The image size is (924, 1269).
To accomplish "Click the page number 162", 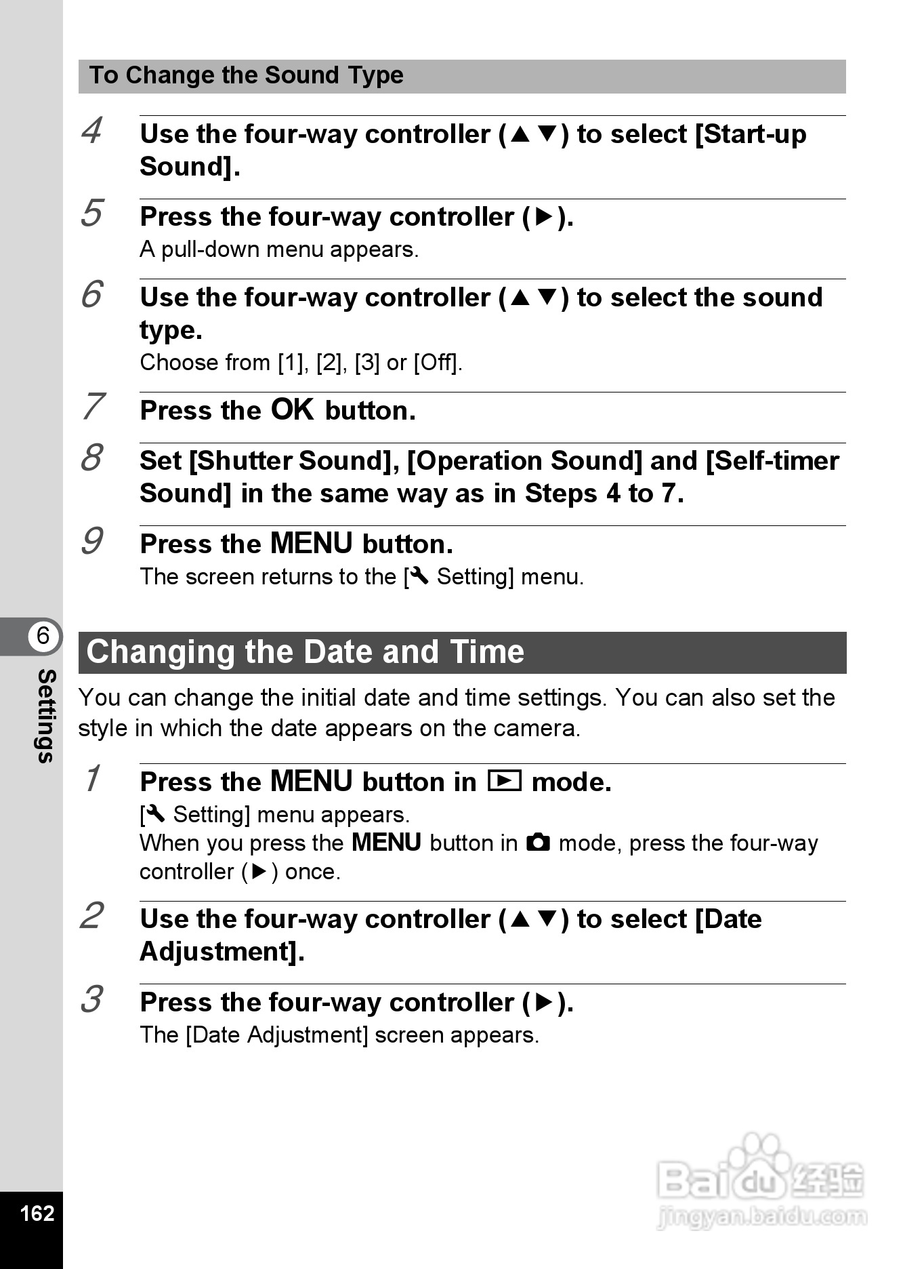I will click(37, 1213).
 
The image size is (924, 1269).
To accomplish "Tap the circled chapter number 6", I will click(43, 636).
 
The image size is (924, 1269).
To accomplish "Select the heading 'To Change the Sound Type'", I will click(247, 75).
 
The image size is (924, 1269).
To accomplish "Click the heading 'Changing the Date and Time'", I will click(306, 652).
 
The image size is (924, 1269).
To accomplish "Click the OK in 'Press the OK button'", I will click(293, 409).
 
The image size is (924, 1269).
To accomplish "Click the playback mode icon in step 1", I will click(505, 782).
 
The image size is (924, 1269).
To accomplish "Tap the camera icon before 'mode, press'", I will click(539, 843).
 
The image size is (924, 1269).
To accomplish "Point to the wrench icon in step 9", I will click(419, 576).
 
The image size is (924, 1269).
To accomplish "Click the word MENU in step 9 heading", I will click(312, 544).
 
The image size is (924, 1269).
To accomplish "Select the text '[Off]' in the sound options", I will click(438, 363).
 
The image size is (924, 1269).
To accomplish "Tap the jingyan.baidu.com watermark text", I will click(761, 1217).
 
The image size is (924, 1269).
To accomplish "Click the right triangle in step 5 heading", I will click(545, 217).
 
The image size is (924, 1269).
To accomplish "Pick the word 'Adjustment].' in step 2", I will click(222, 952).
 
